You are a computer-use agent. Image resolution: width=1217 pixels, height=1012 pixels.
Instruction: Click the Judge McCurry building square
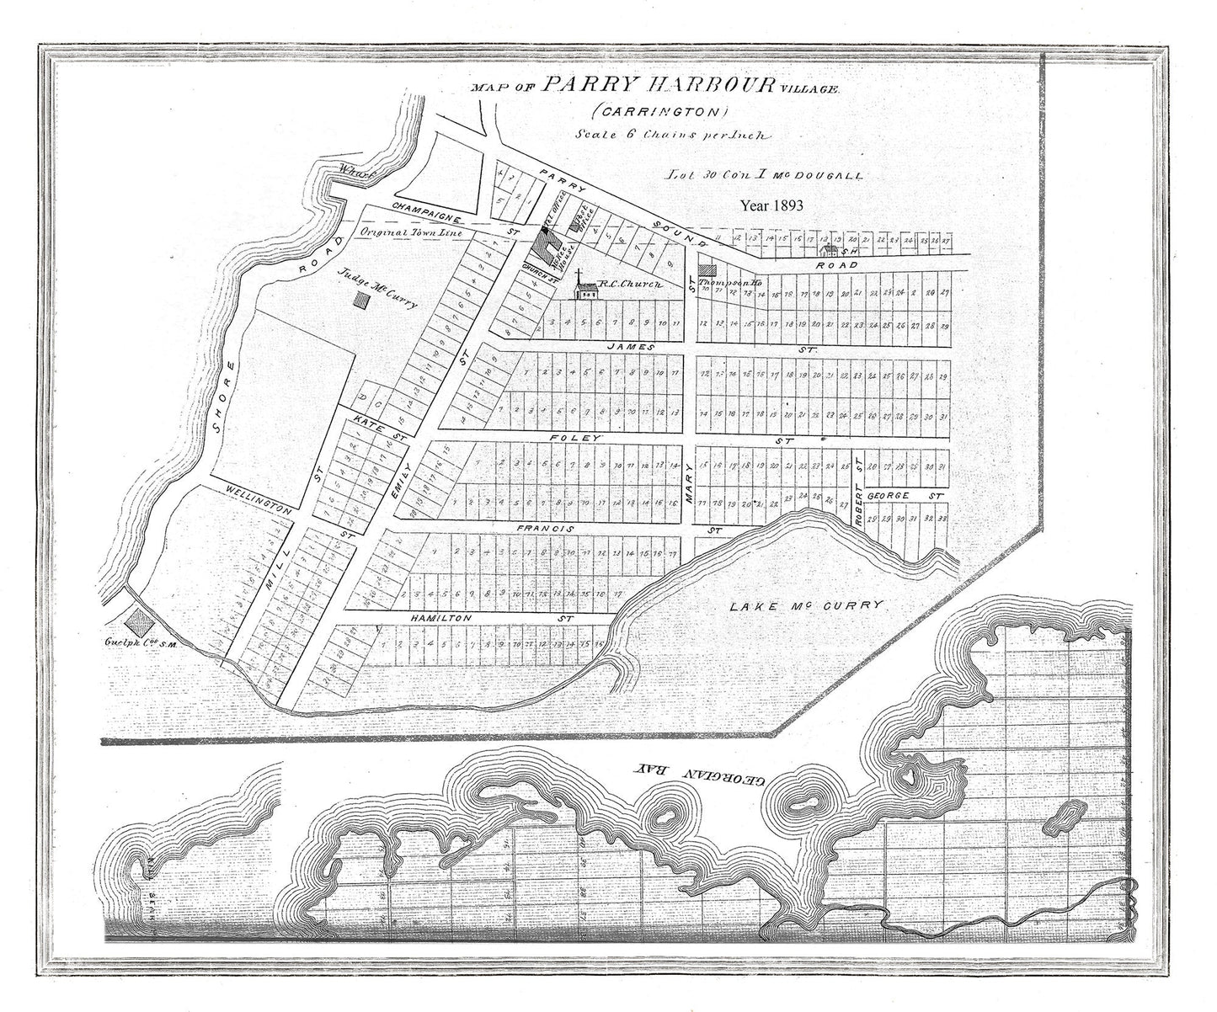coord(363,299)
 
